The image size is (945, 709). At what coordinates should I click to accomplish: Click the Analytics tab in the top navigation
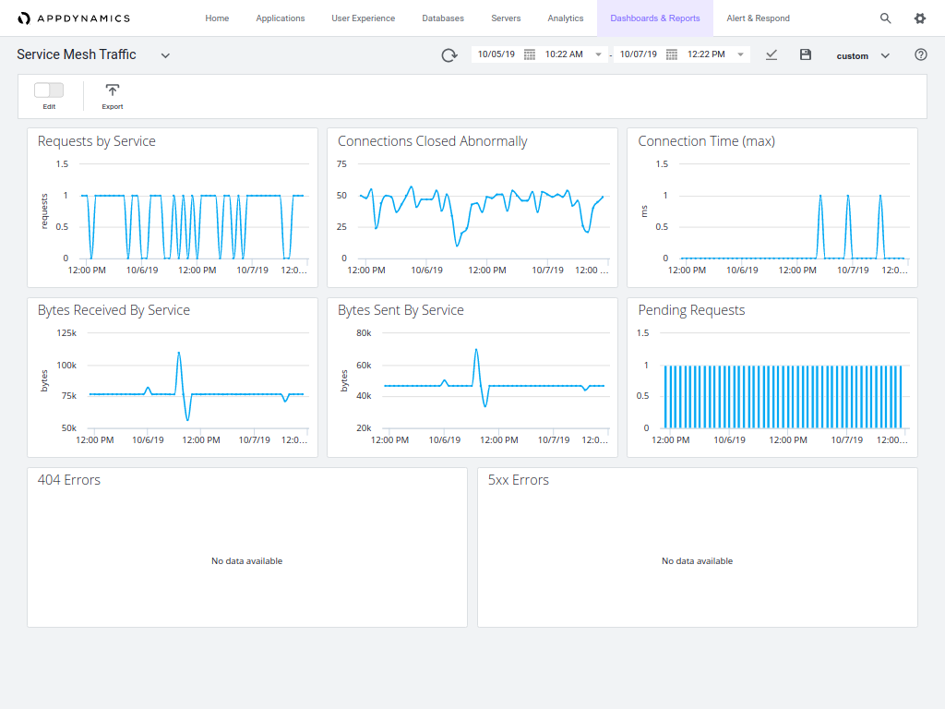tap(565, 18)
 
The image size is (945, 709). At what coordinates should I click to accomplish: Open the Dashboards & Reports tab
tap(654, 18)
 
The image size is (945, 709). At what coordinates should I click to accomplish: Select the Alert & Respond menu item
tap(758, 18)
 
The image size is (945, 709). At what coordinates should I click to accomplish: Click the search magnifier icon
tap(885, 18)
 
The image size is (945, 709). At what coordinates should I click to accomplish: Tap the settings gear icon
tap(919, 18)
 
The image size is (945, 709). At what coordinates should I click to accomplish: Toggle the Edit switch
tap(49, 90)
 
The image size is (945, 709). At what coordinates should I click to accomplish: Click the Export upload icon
tap(113, 90)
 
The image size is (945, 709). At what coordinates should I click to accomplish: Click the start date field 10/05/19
tap(496, 54)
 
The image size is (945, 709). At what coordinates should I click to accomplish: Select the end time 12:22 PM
tap(706, 54)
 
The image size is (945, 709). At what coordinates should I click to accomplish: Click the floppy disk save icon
tap(805, 54)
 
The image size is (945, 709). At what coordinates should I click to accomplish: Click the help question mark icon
tap(920, 54)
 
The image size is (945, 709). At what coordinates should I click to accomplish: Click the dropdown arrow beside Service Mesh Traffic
tap(165, 55)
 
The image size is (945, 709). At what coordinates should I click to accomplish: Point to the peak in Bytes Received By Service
tap(178, 353)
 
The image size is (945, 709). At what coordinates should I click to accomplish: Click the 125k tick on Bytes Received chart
tap(66, 333)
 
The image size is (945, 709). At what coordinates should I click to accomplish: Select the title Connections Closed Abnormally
tap(432, 141)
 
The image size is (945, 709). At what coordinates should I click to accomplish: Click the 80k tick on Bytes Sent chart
tap(364, 333)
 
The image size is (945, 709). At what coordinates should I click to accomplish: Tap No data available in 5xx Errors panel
tap(697, 561)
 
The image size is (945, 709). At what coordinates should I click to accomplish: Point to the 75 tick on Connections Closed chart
tap(341, 164)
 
